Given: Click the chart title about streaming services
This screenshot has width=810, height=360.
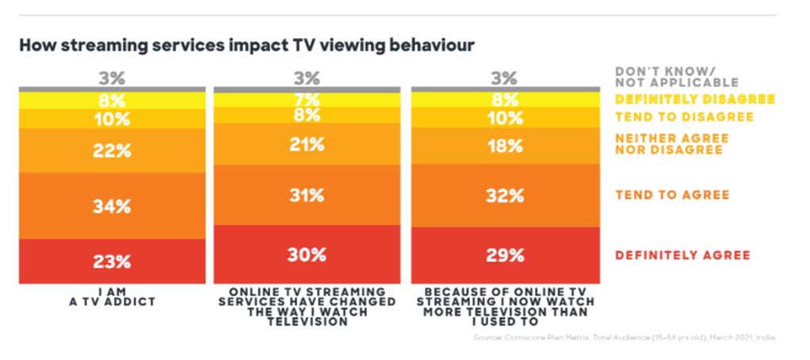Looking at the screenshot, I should coord(246,44).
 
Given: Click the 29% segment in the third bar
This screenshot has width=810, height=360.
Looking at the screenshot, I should coord(505,255).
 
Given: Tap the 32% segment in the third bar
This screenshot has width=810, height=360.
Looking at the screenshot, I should coord(505,196).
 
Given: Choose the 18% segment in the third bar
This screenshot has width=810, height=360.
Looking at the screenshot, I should coord(505,146).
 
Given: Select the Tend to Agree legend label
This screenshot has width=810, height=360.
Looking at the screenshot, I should coord(672,195).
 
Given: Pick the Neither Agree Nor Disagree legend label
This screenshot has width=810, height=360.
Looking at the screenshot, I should coord(672,144).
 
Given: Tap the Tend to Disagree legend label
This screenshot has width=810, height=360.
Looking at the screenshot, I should coord(683,117).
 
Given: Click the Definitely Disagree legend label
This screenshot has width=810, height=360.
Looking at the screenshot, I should coord(694,100).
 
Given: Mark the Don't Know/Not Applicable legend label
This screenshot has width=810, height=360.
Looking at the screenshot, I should coord(676,76).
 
